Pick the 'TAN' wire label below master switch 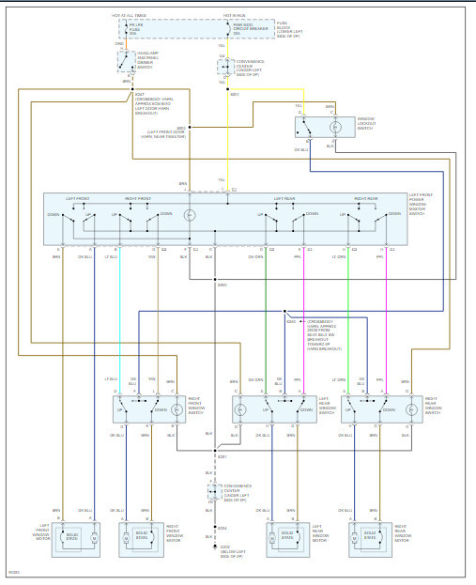[151, 255]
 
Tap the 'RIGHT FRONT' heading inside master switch [139, 199]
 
